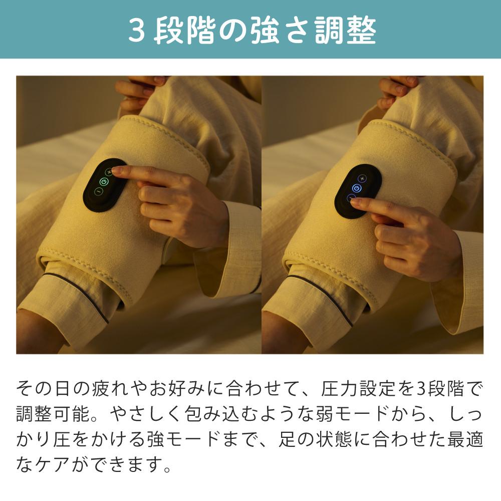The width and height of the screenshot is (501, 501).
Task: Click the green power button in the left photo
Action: tap(104, 182)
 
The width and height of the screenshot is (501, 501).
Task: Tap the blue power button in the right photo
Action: tap(357, 188)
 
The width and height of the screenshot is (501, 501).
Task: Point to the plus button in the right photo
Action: tap(362, 178)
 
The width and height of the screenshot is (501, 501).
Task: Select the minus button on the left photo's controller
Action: tap(98, 191)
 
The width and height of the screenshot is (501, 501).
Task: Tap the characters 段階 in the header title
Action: tap(184, 31)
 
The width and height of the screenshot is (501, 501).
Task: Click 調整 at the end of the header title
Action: tap(345, 31)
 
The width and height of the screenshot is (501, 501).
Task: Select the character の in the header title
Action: tap(231, 31)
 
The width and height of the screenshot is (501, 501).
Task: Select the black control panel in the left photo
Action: tap(103, 185)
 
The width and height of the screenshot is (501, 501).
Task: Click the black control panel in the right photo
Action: tap(358, 192)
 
